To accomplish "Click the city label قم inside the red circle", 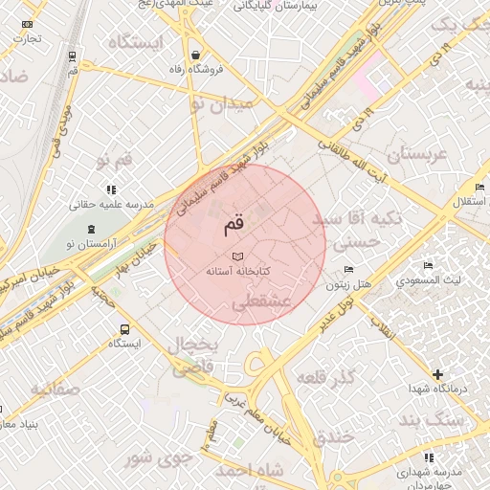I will (x=234, y=225).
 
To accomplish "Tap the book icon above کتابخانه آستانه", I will (x=238, y=256).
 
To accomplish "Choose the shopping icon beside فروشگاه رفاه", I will (x=196, y=55).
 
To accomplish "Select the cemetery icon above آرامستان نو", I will (x=91, y=230).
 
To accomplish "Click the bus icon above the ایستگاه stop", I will (x=122, y=328).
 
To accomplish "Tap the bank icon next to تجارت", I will (x=26, y=23).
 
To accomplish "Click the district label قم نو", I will (x=114, y=156).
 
